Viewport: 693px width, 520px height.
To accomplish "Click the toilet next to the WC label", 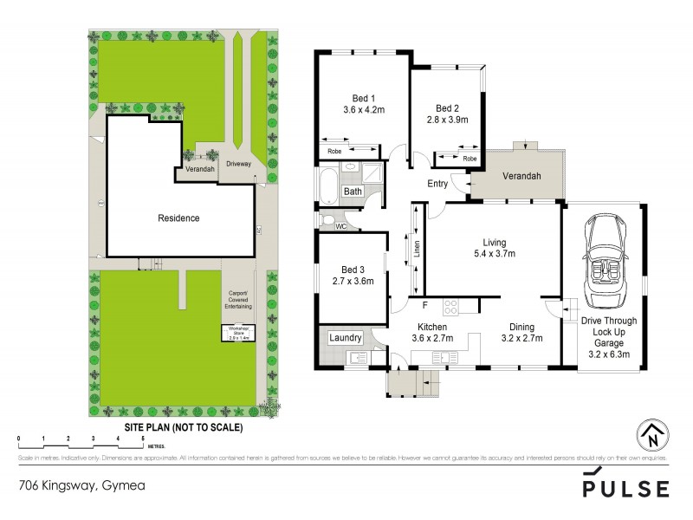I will tap(328, 220).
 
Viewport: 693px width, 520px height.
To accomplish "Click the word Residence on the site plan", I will tap(178, 218).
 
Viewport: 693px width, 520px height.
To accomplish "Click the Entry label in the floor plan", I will tap(438, 184).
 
